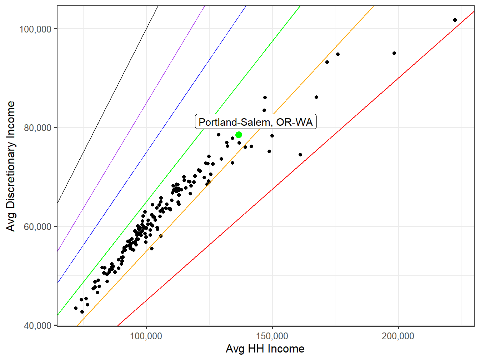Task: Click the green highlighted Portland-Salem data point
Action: [239, 135]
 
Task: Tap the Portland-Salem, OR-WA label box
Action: [255, 122]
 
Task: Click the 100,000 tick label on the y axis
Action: [35, 29]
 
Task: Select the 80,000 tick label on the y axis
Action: [37, 127]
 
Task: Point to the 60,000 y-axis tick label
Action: [37, 226]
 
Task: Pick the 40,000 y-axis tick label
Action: [37, 325]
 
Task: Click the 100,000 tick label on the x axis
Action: [146, 336]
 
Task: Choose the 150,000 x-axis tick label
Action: [272, 336]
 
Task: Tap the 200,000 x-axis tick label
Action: [398, 336]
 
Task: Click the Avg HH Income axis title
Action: [265, 349]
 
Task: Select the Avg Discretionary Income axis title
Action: [11, 166]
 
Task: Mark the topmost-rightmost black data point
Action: [455, 20]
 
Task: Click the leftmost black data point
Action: [75, 308]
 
